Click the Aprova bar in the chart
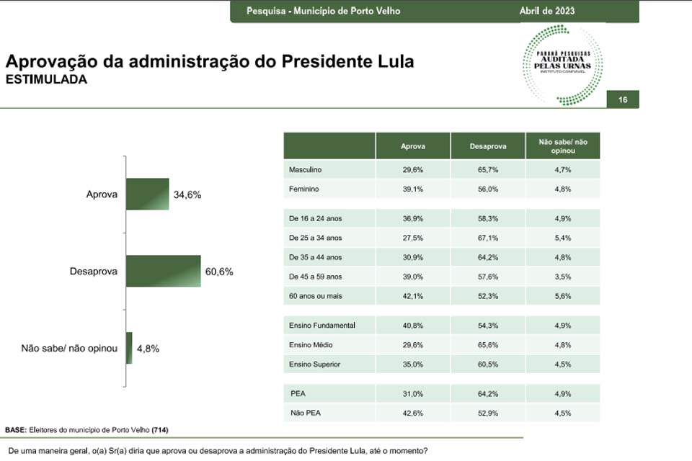point(147,194)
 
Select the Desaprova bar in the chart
point(163,272)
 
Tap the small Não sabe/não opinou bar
point(129,348)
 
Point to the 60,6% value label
point(219,272)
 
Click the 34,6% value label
point(187,194)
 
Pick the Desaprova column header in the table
point(488,146)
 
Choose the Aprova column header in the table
point(413,146)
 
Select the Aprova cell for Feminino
point(413,189)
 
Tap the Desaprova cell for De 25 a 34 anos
point(488,238)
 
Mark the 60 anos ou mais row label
point(314,296)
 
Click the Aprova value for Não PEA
point(413,413)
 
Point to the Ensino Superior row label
point(314,364)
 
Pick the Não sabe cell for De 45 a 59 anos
point(563,276)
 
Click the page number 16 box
point(623,100)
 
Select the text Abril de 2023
point(547,11)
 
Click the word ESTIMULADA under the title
point(46,79)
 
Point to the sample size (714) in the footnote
point(160,429)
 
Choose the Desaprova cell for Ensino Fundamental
point(488,325)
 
